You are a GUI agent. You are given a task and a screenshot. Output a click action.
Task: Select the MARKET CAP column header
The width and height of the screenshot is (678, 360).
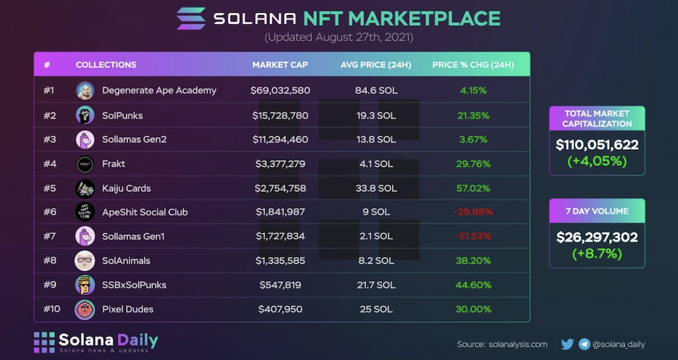pyautogui.click(x=280, y=65)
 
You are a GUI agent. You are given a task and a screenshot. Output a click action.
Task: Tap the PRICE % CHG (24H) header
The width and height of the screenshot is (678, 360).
pyautogui.click(x=473, y=65)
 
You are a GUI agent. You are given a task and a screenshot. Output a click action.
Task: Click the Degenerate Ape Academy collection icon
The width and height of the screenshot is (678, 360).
pyautogui.click(x=85, y=90)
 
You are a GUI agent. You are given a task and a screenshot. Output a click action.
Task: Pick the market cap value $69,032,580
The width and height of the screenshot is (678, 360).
pyautogui.click(x=280, y=90)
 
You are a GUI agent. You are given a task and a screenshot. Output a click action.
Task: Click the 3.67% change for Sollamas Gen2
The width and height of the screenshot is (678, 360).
pyautogui.click(x=473, y=140)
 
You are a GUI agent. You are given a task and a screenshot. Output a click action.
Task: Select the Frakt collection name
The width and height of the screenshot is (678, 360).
pyautogui.click(x=113, y=164)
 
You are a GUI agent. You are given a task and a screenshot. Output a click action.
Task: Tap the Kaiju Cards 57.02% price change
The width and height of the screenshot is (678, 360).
pyautogui.click(x=473, y=188)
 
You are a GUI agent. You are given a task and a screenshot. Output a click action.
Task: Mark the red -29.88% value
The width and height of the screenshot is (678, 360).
pyautogui.click(x=472, y=212)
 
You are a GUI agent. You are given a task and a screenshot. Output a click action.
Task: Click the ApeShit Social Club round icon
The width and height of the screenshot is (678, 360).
pyautogui.click(x=85, y=212)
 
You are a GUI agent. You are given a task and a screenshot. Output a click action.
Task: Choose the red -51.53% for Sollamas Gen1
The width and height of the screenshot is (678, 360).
pyautogui.click(x=472, y=237)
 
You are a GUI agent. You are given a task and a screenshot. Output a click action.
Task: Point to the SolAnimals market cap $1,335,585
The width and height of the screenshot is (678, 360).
pyautogui.click(x=280, y=261)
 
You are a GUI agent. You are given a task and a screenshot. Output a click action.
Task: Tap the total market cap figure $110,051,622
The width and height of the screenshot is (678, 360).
pyautogui.click(x=597, y=144)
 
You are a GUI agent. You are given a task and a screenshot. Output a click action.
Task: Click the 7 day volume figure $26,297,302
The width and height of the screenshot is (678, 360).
pyautogui.click(x=597, y=237)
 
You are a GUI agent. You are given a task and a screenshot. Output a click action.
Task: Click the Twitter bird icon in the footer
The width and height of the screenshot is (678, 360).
pyautogui.click(x=567, y=344)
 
